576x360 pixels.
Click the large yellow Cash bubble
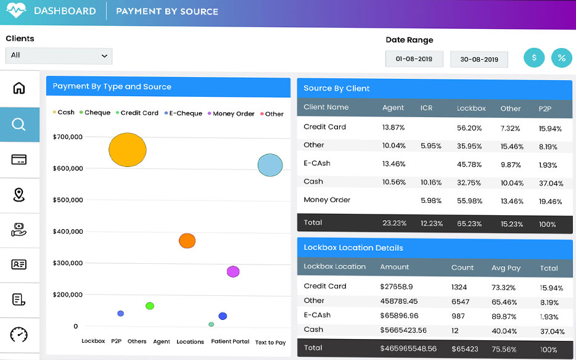(x=128, y=150)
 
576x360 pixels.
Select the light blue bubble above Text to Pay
(x=270, y=165)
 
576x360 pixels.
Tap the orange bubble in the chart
(x=187, y=241)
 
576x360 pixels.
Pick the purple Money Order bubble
(x=232, y=272)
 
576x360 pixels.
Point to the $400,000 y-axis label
(x=68, y=232)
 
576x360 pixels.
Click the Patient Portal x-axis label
(x=230, y=342)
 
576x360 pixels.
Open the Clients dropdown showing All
(x=59, y=55)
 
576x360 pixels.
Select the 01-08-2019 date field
(x=414, y=59)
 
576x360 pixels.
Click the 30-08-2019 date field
(x=479, y=60)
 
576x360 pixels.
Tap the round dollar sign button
(x=534, y=58)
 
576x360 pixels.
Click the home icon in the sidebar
(x=19, y=88)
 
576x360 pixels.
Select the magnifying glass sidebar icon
(x=19, y=125)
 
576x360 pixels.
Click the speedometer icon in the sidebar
(x=19, y=335)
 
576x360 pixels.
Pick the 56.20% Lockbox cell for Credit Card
(x=469, y=128)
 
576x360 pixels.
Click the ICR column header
(x=427, y=108)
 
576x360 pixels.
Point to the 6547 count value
(x=460, y=301)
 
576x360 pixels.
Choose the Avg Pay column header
(x=506, y=268)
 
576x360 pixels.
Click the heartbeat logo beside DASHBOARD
(x=16, y=11)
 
